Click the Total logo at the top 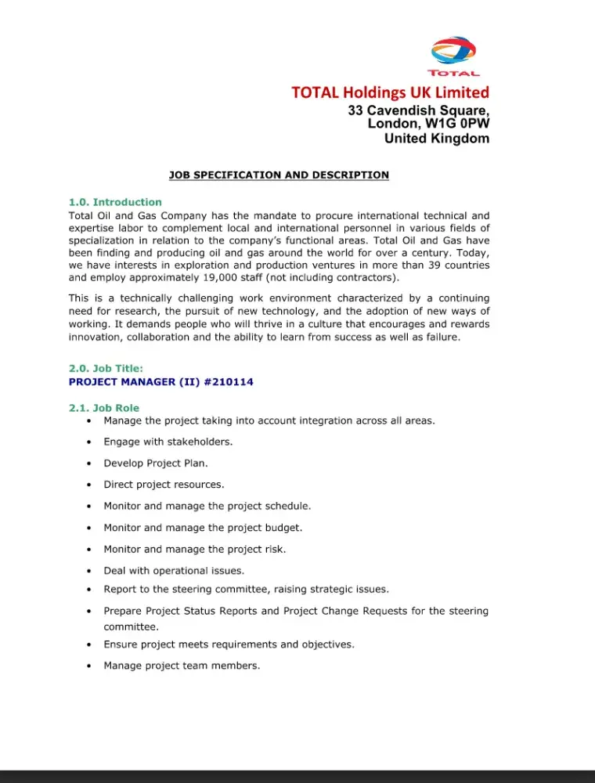tap(454, 56)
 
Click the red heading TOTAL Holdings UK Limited tap(390, 92)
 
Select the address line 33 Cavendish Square tap(419, 110)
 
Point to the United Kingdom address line tap(436, 139)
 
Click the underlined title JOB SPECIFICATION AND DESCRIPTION tap(279, 175)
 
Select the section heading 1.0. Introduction tap(115, 202)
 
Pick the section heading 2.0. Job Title tap(106, 368)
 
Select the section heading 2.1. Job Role tap(104, 408)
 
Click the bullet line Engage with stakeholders tap(168, 442)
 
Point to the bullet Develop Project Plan tap(155, 463)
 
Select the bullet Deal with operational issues tap(174, 571)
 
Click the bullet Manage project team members tap(182, 666)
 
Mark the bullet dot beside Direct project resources tap(90, 485)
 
